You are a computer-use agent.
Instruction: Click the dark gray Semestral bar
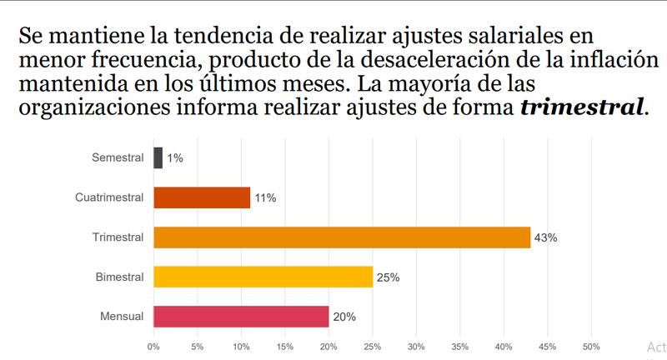click(158, 157)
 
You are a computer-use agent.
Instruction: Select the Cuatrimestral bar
click(202, 197)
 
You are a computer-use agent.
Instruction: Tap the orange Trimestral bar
click(342, 237)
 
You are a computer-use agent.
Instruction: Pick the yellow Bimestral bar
click(263, 277)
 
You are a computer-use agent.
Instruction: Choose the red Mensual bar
click(241, 317)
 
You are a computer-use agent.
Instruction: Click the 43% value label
click(546, 238)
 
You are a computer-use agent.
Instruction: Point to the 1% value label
click(175, 158)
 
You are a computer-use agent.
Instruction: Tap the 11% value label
click(265, 198)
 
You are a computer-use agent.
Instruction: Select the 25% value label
click(389, 277)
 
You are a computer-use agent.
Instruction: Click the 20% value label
click(344, 317)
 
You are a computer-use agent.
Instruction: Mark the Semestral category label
click(118, 157)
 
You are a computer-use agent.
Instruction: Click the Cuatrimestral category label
click(109, 197)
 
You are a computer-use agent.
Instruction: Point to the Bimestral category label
click(119, 277)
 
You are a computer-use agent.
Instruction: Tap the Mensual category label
click(122, 317)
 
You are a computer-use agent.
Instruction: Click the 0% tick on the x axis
click(154, 346)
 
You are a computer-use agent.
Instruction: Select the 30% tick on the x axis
click(416, 346)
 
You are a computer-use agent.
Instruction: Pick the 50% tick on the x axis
click(591, 346)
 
